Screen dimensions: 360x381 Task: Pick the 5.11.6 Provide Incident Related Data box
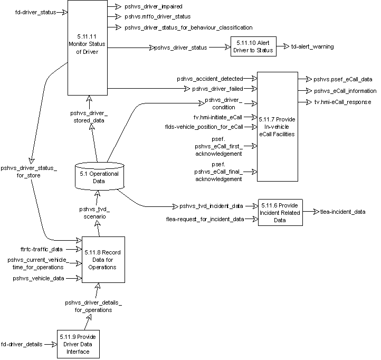281,212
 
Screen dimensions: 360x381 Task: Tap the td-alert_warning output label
312,47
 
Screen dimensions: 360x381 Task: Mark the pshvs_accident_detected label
210,79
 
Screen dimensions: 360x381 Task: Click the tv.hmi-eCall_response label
342,101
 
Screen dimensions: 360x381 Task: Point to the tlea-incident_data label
342,212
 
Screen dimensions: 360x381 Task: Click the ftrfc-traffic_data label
38,248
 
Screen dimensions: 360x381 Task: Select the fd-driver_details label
25,344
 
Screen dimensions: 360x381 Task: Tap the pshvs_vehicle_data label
39,278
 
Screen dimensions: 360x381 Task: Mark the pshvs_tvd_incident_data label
211,205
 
